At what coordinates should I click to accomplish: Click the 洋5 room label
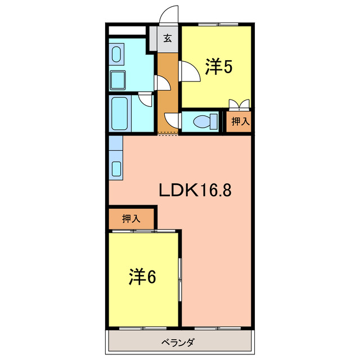coord(219,66)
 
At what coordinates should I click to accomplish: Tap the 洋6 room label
coord(142,276)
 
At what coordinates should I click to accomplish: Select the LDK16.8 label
coord(195,190)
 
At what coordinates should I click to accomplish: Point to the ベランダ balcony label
coord(178,343)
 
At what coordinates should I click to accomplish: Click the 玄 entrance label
coord(168,38)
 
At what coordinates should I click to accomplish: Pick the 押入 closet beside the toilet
coord(238,121)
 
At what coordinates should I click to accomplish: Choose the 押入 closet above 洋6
coord(131,219)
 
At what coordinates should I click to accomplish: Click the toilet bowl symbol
coord(205,121)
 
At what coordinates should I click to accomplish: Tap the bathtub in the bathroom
coord(119,114)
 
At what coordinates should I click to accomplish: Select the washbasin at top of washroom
coord(116,54)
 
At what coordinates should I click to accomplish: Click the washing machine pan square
coord(118,80)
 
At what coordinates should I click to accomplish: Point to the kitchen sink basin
coord(116,169)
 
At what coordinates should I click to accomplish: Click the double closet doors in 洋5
coord(239,103)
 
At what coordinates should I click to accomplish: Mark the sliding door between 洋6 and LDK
coord(180,280)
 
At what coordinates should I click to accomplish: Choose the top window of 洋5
coord(218,24)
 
